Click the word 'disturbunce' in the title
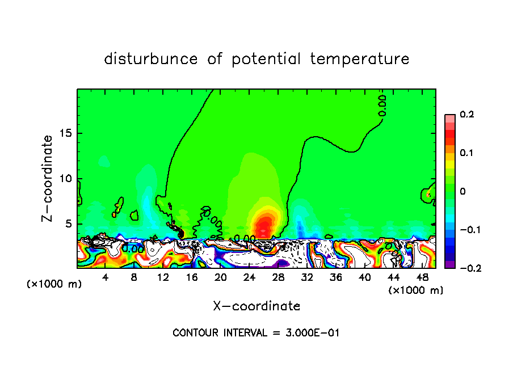(x=150, y=58)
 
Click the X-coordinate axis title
(x=256, y=306)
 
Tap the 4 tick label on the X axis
(x=106, y=277)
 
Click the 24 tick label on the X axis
(x=249, y=277)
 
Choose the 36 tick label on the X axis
(x=335, y=277)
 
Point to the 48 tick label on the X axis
(x=422, y=277)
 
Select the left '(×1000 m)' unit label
(x=54, y=284)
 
